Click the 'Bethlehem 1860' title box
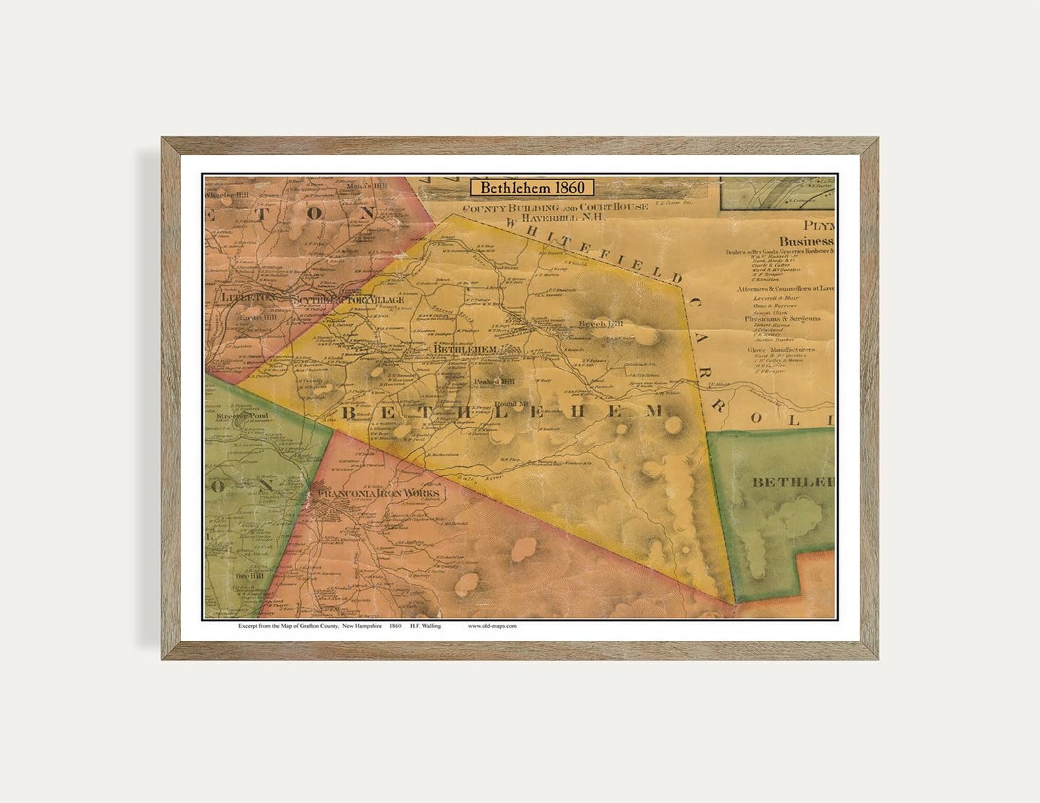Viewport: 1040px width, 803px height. pyautogui.click(x=532, y=187)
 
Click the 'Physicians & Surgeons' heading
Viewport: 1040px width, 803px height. pyautogui.click(x=783, y=319)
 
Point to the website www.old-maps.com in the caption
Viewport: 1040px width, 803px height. pyautogui.click(x=492, y=626)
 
